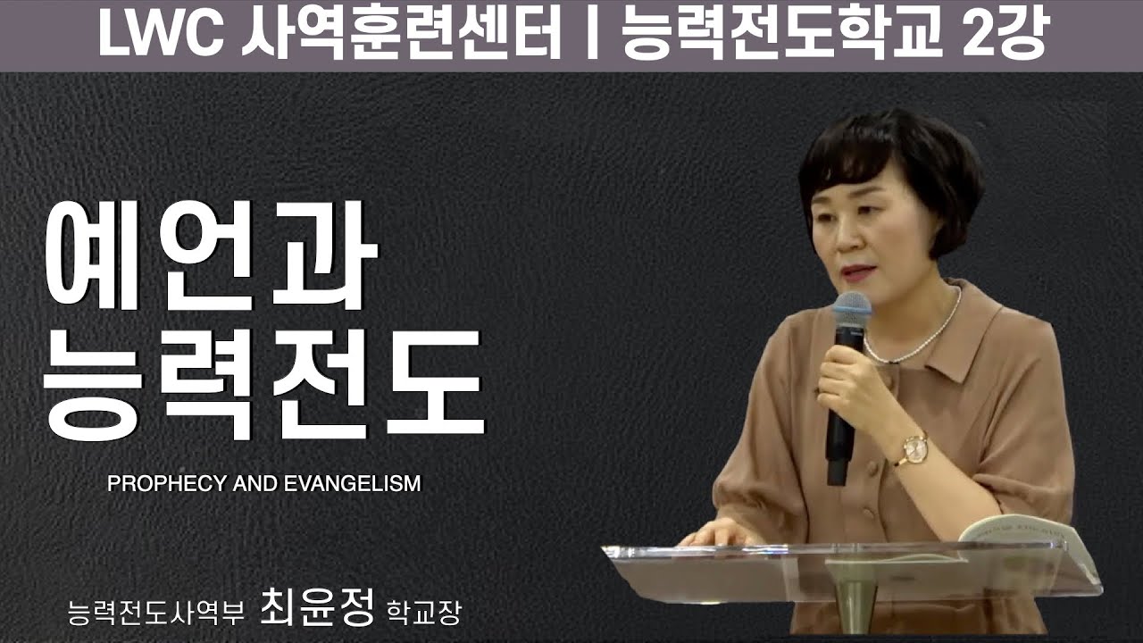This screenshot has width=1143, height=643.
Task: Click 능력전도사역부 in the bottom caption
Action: click(155, 612)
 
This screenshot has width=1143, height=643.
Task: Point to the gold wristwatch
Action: click(913, 448)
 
